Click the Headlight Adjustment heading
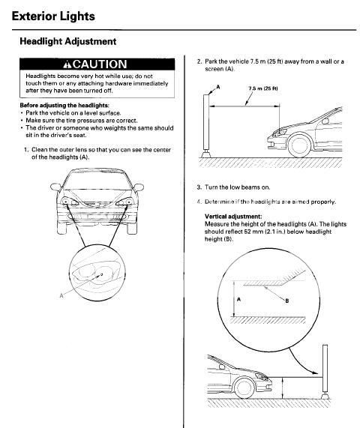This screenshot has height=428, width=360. point(67,42)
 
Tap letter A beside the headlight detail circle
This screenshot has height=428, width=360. point(61,295)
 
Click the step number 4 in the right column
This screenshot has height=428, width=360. point(188,201)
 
